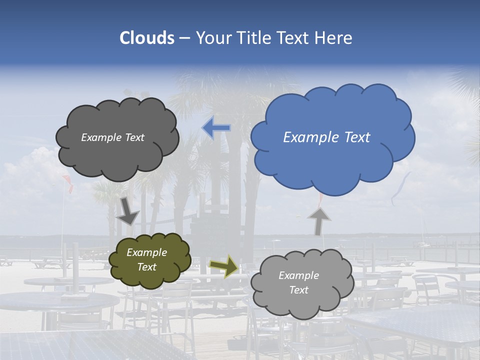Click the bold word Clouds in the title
click(146, 38)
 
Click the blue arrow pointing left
click(216, 128)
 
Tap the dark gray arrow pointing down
click(128, 211)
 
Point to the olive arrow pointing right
click(223, 265)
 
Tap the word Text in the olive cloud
click(147, 267)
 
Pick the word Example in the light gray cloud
click(298, 275)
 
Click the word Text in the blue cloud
click(358, 137)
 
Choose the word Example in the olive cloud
click(147, 252)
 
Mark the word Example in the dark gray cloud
click(100, 137)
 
